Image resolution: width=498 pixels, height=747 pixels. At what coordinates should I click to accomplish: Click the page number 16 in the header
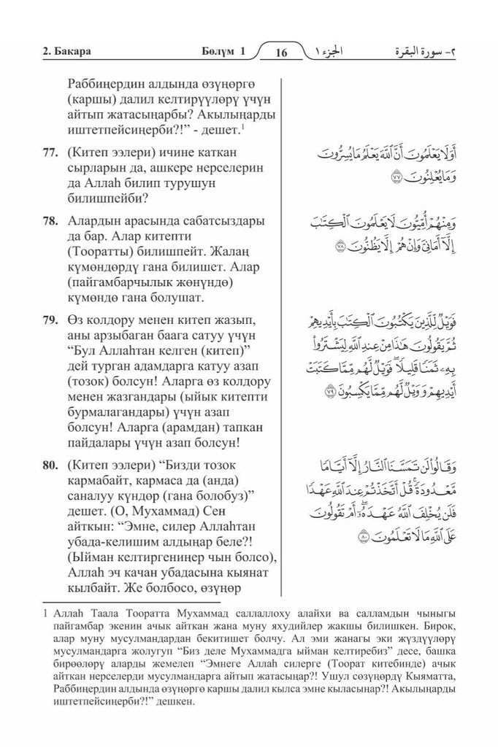point(282,53)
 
